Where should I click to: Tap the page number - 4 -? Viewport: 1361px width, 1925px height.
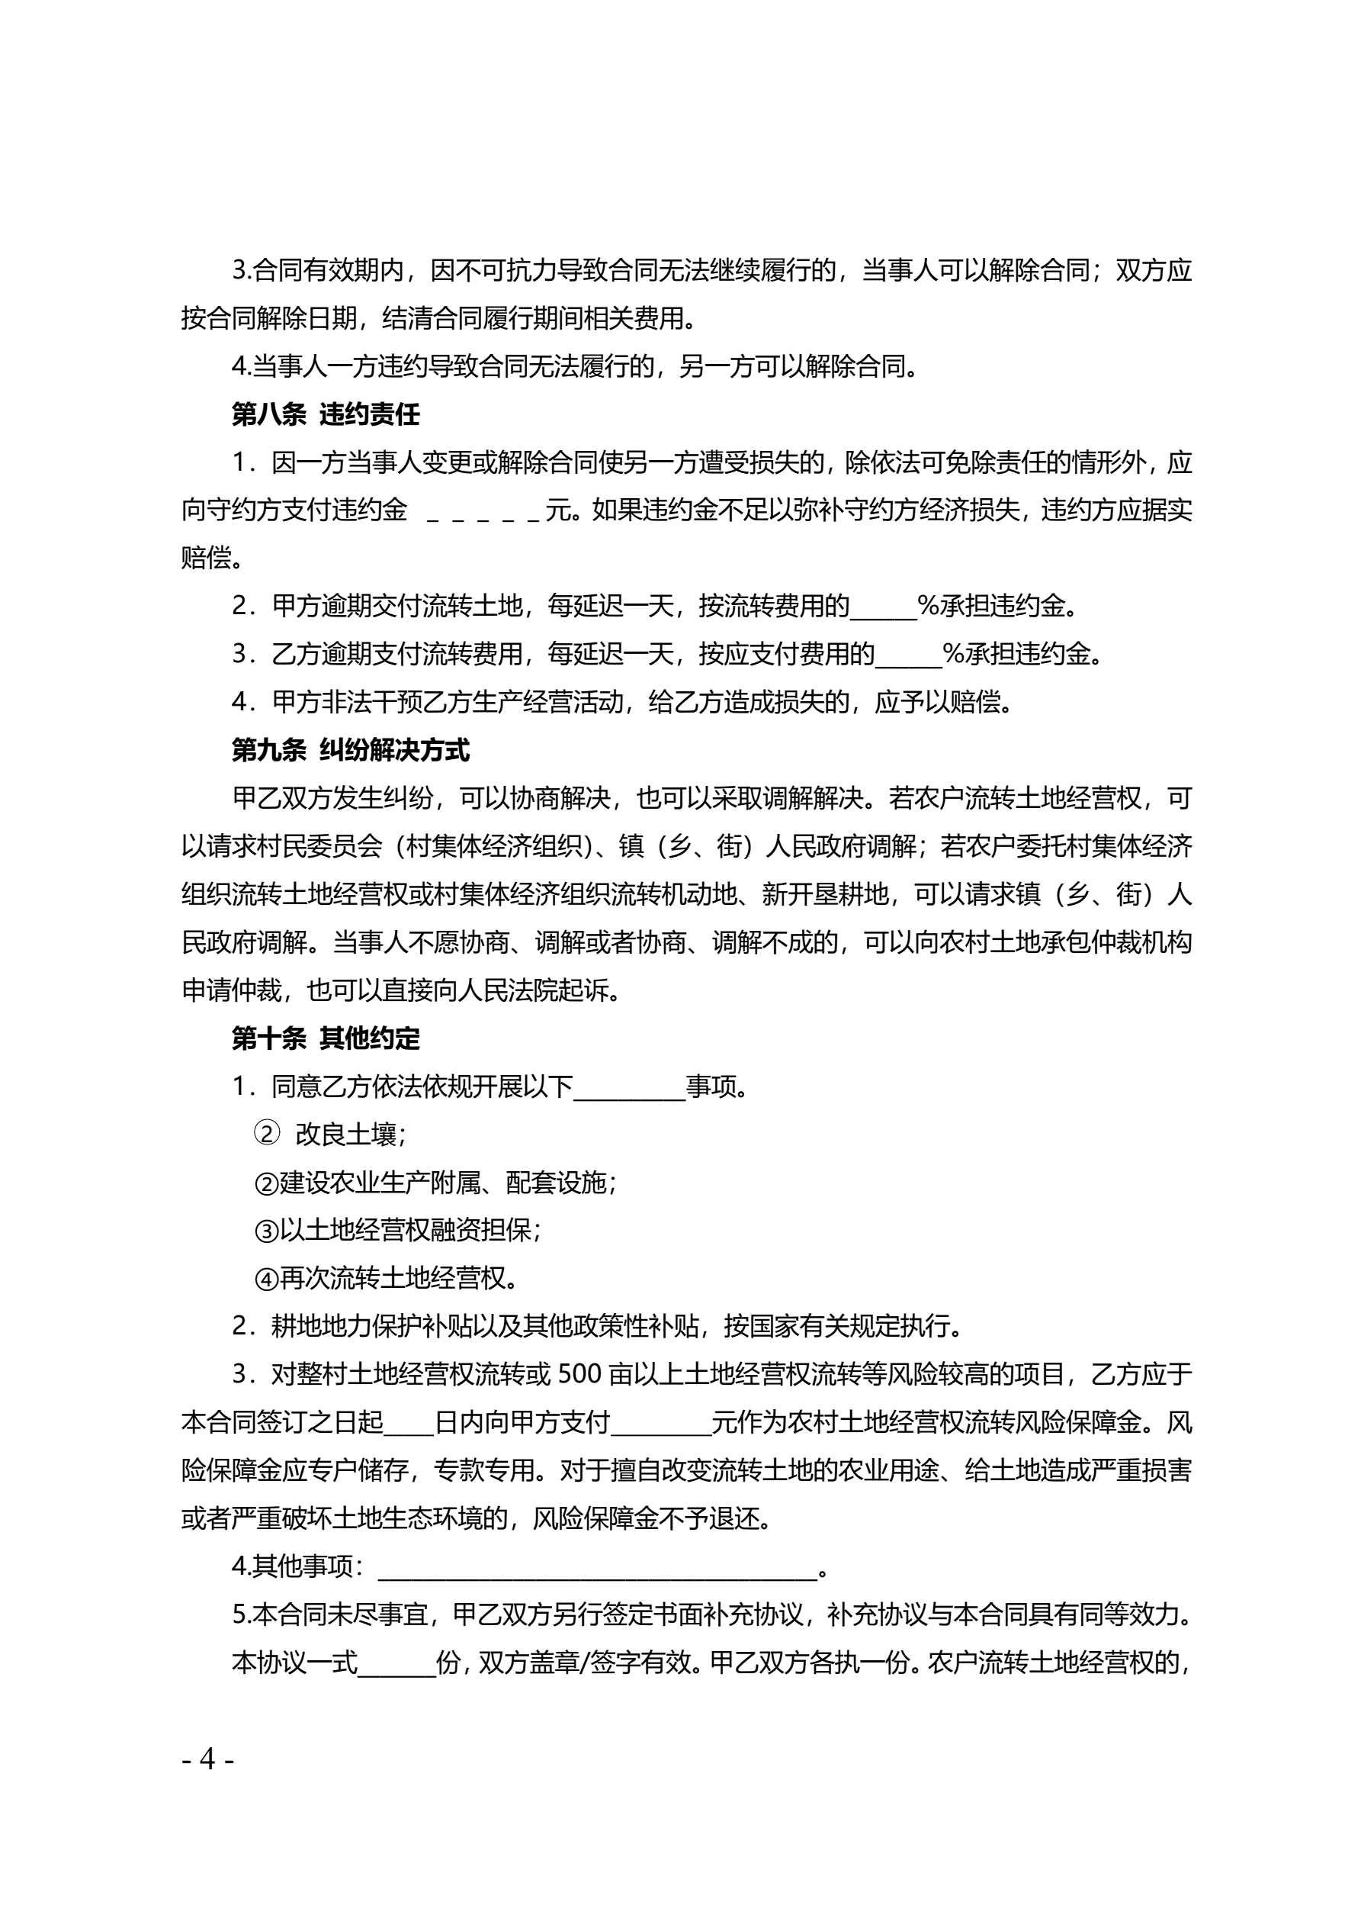point(208,1758)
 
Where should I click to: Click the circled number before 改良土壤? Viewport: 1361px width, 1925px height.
point(267,1135)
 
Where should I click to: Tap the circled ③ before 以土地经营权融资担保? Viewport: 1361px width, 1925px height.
point(267,1231)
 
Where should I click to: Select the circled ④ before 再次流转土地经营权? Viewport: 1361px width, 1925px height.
point(267,1279)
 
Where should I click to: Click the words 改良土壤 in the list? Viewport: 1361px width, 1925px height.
point(346,1135)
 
